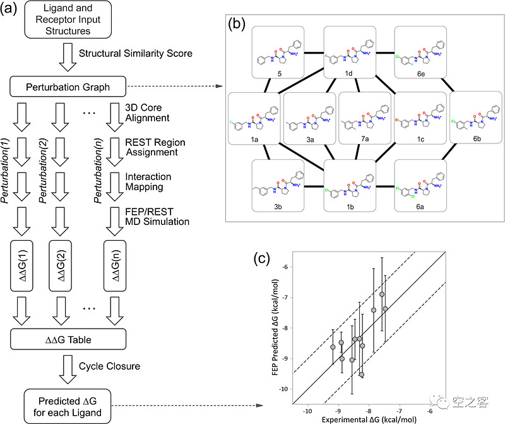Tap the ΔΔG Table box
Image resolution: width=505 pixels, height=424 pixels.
[x=68, y=340]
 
